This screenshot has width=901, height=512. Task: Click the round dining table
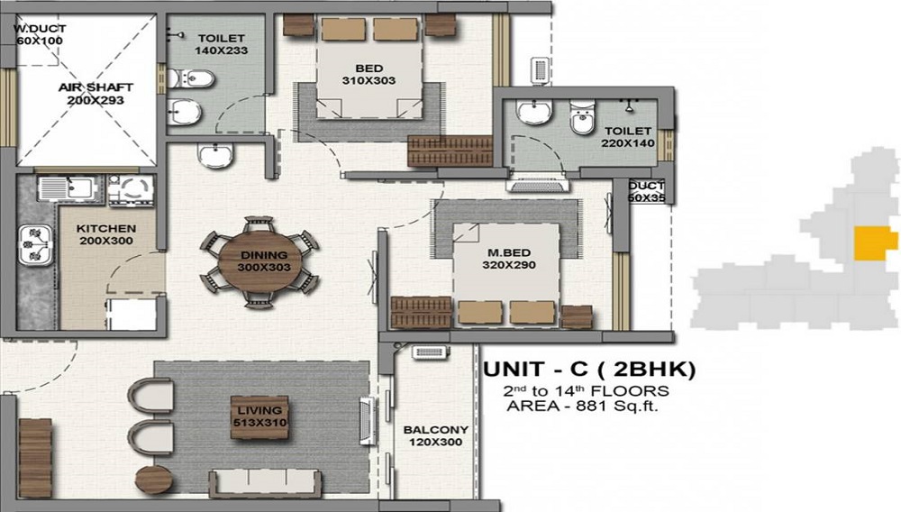click(x=259, y=261)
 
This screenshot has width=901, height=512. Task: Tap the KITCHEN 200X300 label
click(x=105, y=235)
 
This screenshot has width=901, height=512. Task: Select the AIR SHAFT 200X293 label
click(x=96, y=94)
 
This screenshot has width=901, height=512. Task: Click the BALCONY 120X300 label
click(x=435, y=437)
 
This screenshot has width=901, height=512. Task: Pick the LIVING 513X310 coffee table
click(x=259, y=416)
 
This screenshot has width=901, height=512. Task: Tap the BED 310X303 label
click(x=369, y=75)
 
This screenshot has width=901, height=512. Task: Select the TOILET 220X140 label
click(x=628, y=137)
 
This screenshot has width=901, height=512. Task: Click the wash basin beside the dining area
click(x=215, y=156)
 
